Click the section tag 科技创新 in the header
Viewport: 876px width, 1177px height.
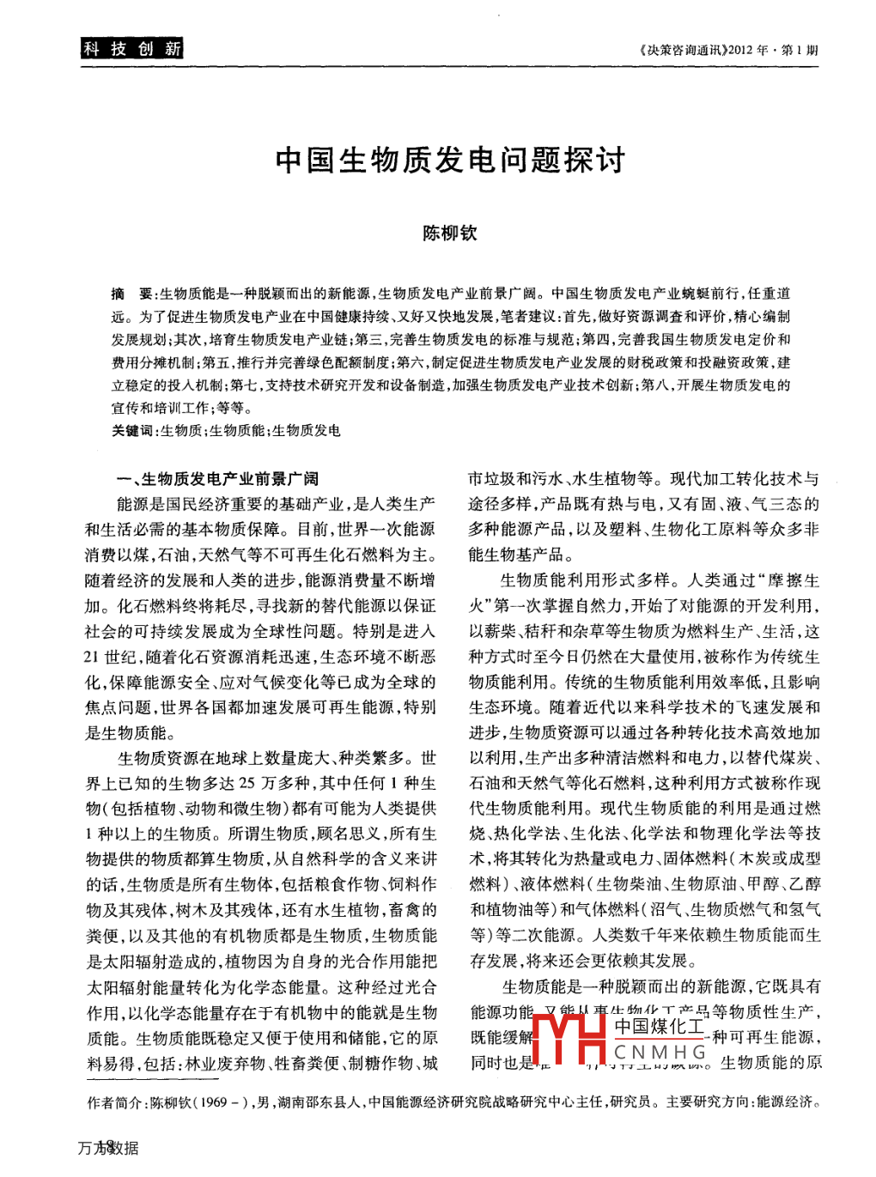132,49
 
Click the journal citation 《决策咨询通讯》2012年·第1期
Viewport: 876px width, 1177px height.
728,50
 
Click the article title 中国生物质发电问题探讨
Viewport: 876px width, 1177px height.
450,161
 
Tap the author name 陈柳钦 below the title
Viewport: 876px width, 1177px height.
449,233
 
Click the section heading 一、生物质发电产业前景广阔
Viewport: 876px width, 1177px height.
217,479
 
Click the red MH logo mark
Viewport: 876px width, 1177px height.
569,1040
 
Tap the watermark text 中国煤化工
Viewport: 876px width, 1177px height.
659,1027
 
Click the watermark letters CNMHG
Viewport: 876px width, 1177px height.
660,1052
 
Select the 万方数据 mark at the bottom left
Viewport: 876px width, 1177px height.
108,1148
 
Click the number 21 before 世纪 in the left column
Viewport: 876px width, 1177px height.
92,658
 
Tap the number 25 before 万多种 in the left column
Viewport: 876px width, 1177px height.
247,783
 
